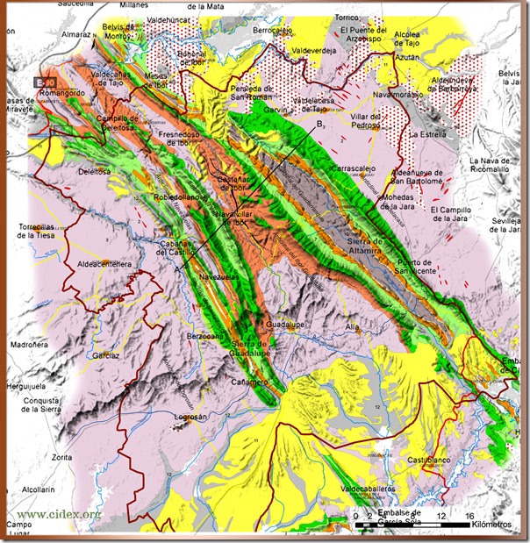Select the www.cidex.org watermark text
tap(52, 513)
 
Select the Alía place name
tap(354, 326)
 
